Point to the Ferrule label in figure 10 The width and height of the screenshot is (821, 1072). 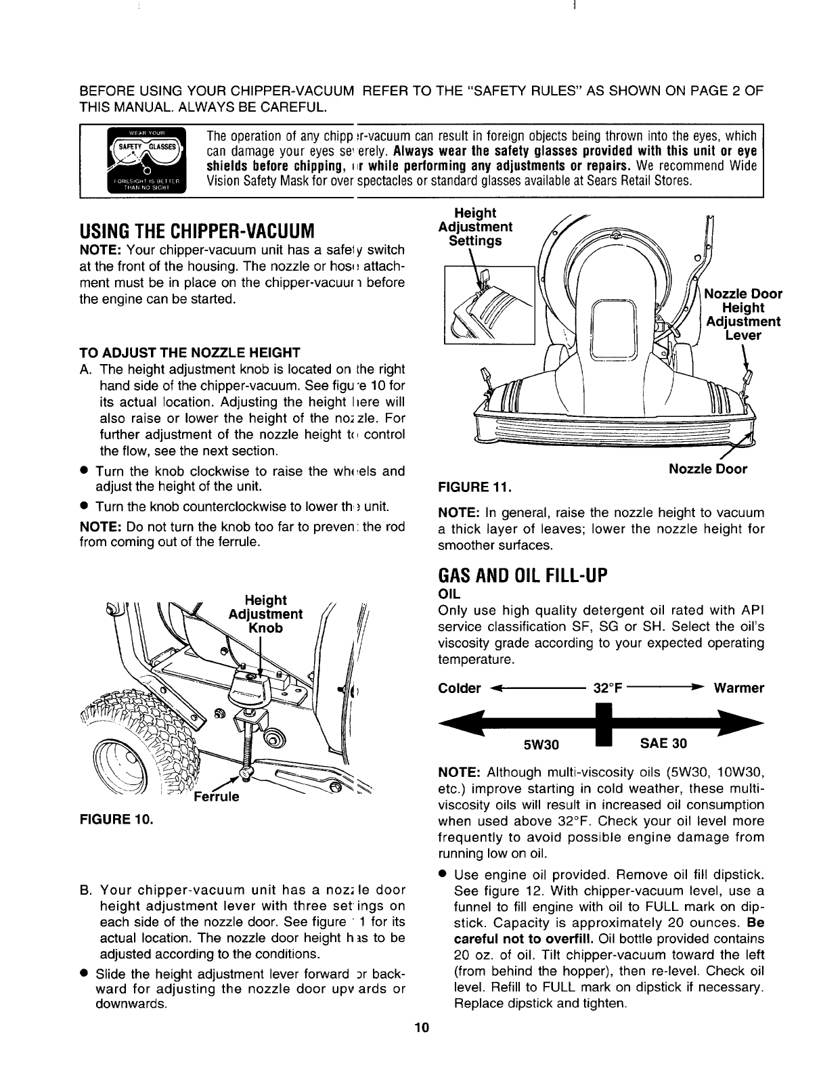216,796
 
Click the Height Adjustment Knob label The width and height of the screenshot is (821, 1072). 265,614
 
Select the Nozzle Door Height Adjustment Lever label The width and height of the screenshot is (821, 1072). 743,315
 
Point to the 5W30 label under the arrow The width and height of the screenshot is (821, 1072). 541,745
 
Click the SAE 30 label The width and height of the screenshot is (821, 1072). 663,744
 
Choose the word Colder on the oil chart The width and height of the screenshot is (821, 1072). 460,689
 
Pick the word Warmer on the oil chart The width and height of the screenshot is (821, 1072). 739,688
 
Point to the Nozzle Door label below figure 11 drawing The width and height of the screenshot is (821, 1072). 708,468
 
